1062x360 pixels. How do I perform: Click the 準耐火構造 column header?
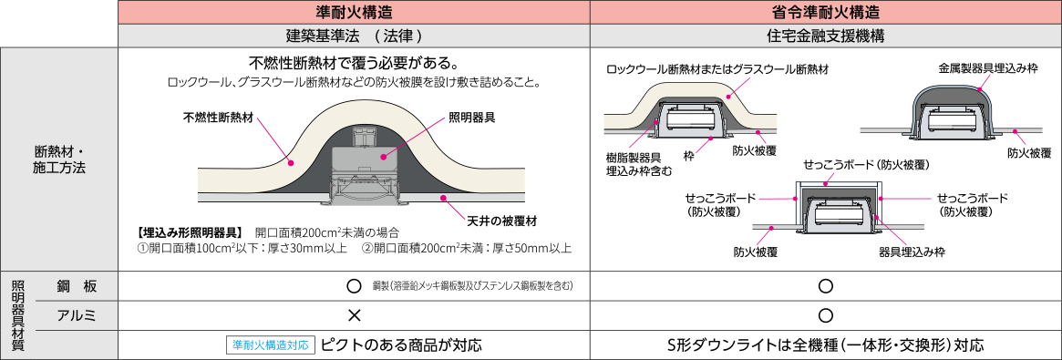(x=354, y=12)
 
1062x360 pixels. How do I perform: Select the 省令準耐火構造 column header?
(x=825, y=12)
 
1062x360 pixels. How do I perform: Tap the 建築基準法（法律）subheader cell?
(x=354, y=36)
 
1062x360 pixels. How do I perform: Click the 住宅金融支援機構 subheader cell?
(x=825, y=36)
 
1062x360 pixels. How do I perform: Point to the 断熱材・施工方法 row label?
(x=58, y=159)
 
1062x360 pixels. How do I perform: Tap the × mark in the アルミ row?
(x=355, y=315)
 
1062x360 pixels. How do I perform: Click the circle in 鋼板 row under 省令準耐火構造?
(x=825, y=286)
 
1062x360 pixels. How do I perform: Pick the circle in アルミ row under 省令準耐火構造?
(x=825, y=315)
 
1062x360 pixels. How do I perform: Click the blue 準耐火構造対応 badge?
(x=271, y=345)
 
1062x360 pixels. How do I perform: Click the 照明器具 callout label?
(x=471, y=118)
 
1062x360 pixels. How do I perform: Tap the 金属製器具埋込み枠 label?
(x=987, y=68)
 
